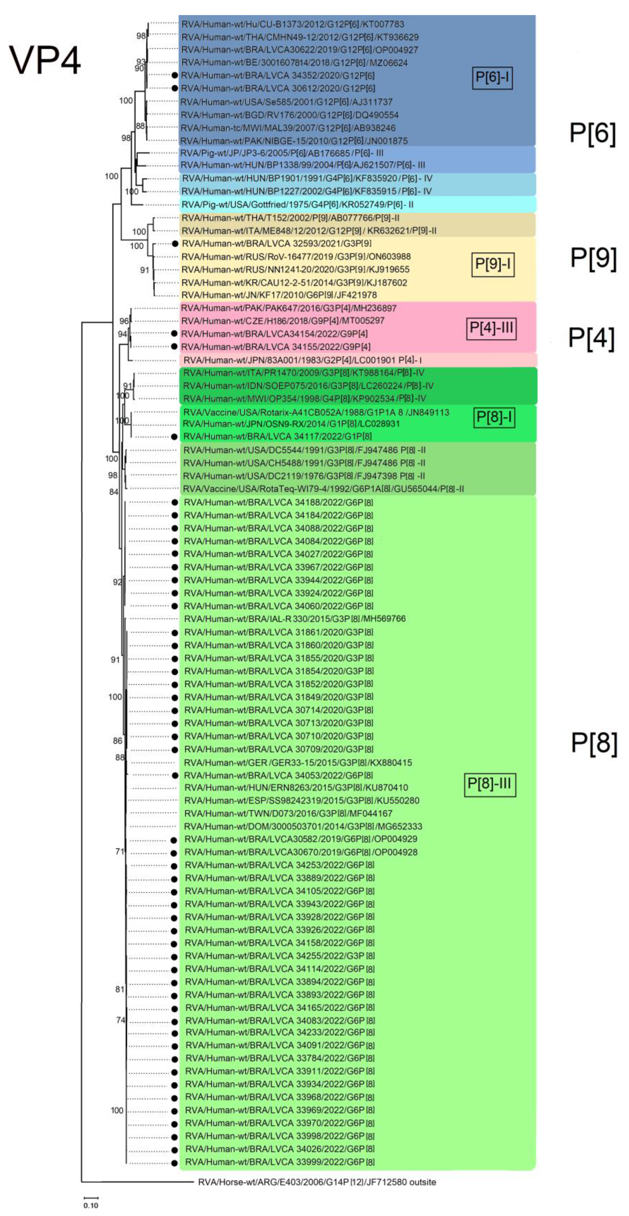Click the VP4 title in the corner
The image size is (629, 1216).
point(45,60)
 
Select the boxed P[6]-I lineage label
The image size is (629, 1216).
point(492,77)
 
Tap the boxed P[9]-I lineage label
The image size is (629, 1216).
point(493,264)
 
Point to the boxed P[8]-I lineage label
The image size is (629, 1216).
point(494,417)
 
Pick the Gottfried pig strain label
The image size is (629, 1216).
point(297,204)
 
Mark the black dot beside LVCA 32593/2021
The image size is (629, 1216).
point(175,244)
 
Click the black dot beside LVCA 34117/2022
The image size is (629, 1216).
point(175,437)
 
